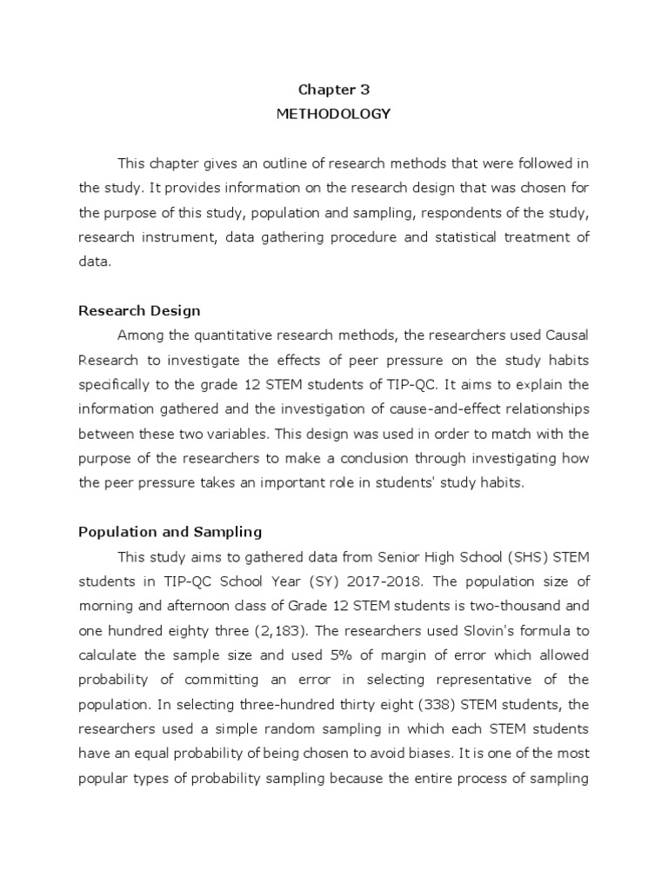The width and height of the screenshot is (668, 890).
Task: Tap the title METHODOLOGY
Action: point(333,113)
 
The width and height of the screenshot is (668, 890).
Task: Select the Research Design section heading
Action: point(139,310)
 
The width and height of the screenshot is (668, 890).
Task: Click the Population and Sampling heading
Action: point(170,531)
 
